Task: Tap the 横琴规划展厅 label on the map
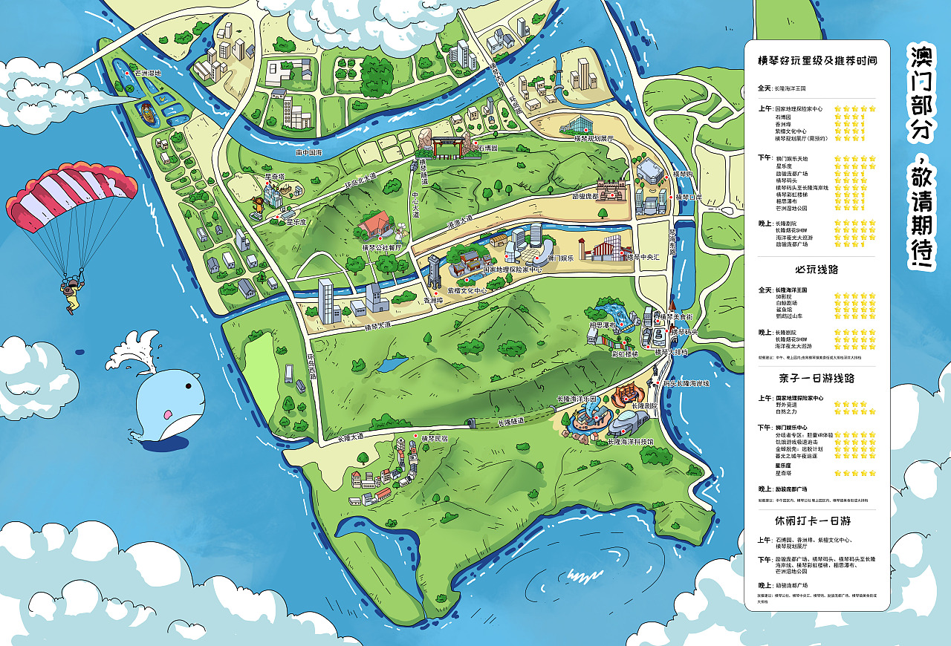point(594,138)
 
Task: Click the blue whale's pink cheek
point(169,414)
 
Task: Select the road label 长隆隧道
point(510,421)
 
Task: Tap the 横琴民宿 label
point(435,438)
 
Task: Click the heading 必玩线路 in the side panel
point(817,270)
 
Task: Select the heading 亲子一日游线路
point(817,378)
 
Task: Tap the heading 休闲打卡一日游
point(817,521)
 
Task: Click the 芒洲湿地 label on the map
point(147,73)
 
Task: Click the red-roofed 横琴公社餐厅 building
point(375,224)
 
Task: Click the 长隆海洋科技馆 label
point(630,442)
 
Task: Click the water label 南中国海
point(309,152)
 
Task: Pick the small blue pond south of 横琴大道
point(392,364)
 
